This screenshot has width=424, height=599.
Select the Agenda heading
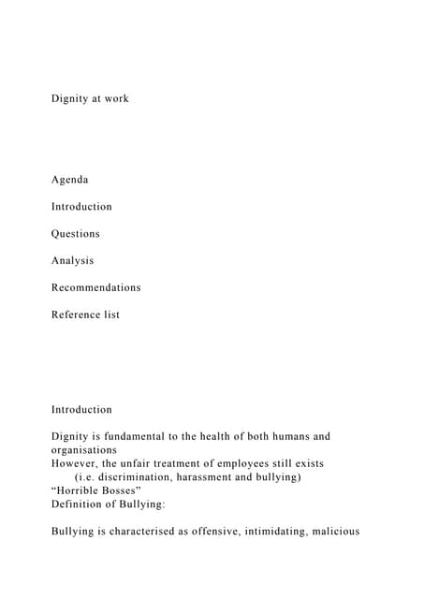click(70, 179)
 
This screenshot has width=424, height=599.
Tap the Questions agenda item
click(76, 233)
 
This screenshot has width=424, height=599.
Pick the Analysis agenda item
click(72, 260)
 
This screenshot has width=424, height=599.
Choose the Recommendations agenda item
click(96, 287)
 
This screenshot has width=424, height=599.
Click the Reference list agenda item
click(85, 314)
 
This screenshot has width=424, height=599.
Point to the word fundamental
click(137, 436)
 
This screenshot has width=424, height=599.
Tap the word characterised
click(158, 531)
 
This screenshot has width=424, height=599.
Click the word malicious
click(362, 531)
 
